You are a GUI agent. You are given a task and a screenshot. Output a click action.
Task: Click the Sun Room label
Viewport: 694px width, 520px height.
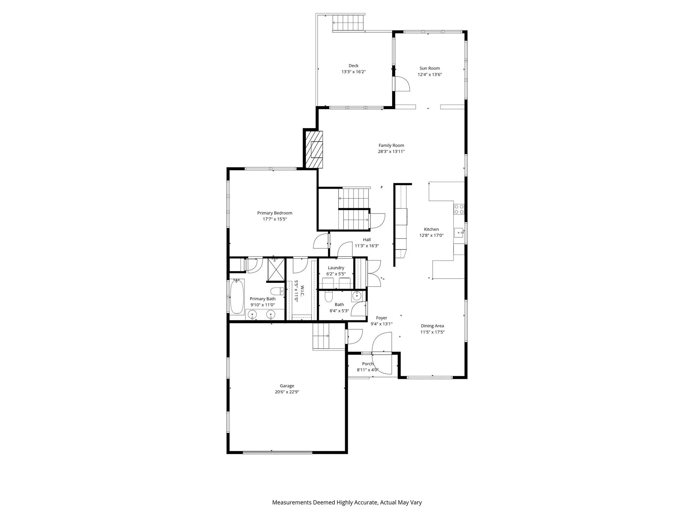click(429, 68)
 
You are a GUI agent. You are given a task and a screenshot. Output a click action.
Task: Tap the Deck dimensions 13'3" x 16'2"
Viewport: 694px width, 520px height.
click(354, 72)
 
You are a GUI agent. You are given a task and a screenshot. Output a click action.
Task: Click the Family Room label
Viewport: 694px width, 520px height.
click(391, 146)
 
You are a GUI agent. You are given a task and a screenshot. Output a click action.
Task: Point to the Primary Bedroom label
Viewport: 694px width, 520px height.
click(275, 213)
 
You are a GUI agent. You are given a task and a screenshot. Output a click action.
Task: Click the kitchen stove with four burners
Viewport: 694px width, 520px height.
click(459, 209)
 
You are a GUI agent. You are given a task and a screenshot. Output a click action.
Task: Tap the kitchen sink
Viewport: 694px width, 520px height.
click(459, 233)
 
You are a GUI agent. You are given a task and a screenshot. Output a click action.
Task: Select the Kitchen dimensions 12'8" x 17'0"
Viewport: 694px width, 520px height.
click(431, 235)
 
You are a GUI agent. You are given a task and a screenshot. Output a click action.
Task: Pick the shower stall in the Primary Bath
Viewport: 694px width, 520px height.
click(276, 269)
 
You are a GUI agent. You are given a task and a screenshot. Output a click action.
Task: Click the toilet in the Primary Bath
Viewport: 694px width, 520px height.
click(277, 291)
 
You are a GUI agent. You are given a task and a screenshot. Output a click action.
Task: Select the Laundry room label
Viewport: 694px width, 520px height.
click(336, 268)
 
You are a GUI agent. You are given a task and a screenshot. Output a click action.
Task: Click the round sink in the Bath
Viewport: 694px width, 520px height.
click(357, 296)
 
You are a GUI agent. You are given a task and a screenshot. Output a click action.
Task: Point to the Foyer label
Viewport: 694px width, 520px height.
click(381, 318)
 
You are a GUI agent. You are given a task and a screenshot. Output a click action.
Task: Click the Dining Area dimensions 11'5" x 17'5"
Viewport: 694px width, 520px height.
click(432, 332)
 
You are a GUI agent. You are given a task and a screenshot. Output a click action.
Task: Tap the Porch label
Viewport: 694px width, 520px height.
click(368, 364)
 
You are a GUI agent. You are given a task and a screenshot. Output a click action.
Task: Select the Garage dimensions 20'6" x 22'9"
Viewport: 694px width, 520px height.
click(287, 392)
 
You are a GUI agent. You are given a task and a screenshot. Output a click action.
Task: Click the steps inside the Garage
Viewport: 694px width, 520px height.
click(321, 336)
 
